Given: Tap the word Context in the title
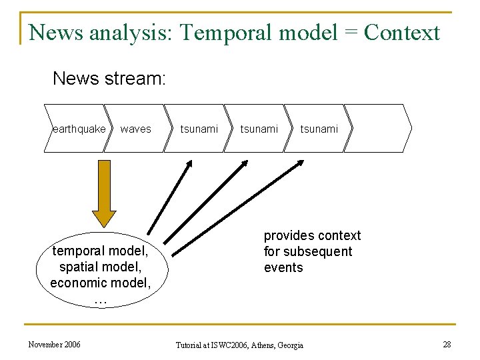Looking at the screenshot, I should pos(403,32).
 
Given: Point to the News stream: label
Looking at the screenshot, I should pos(109,79).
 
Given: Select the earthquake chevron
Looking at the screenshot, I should pos(77,129).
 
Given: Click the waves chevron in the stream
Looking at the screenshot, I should pos(136,129).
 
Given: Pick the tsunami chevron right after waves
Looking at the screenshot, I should pos(199,129).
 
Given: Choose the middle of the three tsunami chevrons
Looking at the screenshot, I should pos(259,129).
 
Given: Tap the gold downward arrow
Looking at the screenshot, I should pos(104,193).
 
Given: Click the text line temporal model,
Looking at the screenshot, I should pos(101,251).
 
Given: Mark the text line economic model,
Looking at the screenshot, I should pos(101,283).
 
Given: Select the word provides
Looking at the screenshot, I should pos(287,235).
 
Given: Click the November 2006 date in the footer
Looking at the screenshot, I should pos(55,344).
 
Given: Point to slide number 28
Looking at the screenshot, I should pos(447,344).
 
